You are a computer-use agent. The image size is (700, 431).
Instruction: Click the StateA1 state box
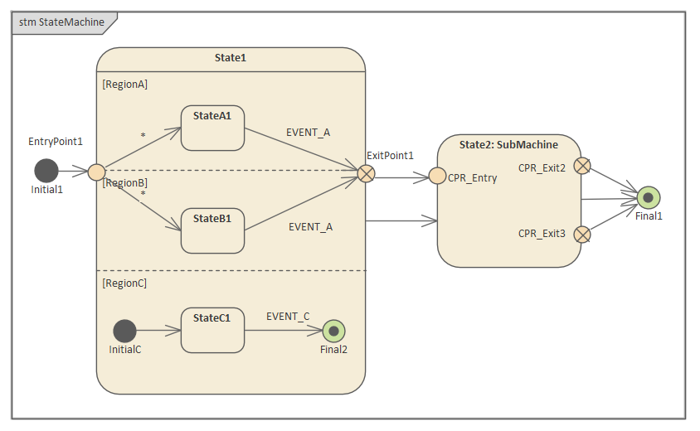tap(212, 128)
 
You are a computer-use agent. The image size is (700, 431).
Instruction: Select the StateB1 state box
tap(212, 230)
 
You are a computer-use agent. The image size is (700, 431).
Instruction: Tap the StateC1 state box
tap(212, 330)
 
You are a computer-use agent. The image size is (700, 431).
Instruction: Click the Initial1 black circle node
tap(46, 171)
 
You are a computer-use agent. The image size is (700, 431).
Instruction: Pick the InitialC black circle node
tap(124, 331)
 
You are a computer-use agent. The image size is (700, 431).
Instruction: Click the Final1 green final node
tap(649, 198)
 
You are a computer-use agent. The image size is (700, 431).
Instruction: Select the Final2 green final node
tap(333, 331)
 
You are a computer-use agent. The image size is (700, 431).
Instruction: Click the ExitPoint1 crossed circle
tap(366, 172)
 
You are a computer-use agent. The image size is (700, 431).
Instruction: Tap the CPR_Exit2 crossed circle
tap(582, 166)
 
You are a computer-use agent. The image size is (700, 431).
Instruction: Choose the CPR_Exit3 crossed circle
tap(582, 234)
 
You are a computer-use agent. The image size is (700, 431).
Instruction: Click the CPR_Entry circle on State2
tap(437, 177)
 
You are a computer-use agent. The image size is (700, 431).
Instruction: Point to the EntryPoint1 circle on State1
tap(96, 172)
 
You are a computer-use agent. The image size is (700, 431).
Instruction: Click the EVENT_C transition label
tap(288, 316)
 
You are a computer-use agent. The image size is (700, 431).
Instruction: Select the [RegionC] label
tap(124, 283)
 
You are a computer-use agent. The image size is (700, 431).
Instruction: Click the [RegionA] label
tap(124, 84)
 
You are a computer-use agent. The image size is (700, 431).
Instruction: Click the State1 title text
tap(231, 58)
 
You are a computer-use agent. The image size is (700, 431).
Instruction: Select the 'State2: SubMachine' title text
tap(508, 144)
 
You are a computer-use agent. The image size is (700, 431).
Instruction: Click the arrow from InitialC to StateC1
tap(158, 331)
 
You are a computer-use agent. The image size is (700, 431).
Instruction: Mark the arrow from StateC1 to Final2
tap(283, 331)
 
